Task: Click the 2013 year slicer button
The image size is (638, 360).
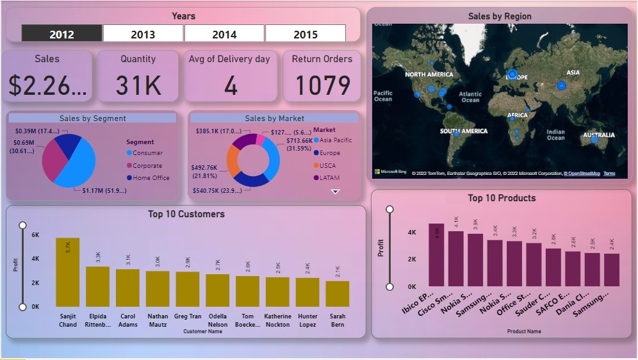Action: tap(143, 34)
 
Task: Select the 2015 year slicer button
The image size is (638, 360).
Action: tap(306, 34)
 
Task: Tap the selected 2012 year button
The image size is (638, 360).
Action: tap(61, 34)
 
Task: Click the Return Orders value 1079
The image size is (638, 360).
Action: tap(322, 85)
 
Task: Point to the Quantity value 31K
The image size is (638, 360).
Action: tap(138, 85)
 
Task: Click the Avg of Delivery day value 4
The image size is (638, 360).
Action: tap(231, 85)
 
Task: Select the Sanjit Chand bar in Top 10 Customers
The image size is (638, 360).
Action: tap(68, 272)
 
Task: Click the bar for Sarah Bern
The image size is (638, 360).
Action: tap(338, 293)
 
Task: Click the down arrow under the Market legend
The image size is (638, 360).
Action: tap(335, 192)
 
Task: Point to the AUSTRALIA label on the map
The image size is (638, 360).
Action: tap(598, 135)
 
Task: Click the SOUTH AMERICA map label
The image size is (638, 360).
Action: tap(463, 131)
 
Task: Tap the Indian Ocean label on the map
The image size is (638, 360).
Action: tap(555, 135)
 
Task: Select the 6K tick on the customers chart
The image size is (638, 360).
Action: tap(35, 235)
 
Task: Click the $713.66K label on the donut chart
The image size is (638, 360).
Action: tap(299, 140)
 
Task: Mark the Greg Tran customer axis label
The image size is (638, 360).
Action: tap(188, 316)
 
